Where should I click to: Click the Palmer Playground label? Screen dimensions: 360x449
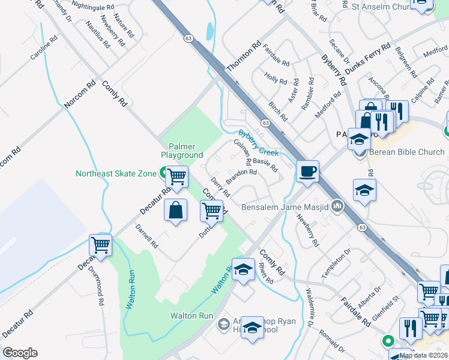181,151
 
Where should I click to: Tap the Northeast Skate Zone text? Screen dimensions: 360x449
116,174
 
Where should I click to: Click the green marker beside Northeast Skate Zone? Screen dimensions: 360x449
163,174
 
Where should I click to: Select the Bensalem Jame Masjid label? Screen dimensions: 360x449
285,208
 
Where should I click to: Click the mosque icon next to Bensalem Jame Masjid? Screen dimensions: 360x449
337,207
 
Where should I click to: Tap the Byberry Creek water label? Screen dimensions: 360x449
259,143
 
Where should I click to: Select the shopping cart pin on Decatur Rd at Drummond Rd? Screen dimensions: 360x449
101,245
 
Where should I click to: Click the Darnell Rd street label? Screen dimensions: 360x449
146,237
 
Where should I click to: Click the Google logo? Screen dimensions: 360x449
20,353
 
